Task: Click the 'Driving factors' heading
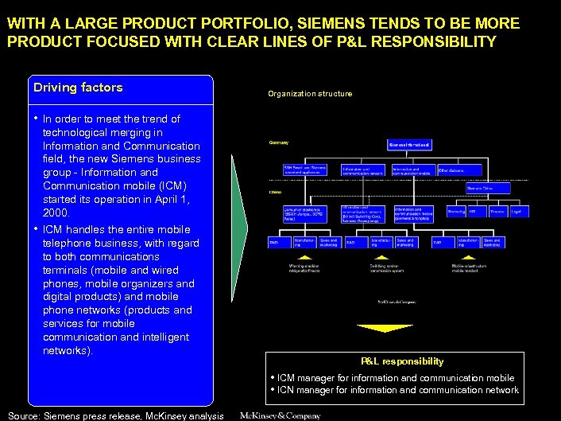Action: (77, 87)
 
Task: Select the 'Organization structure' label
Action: (309, 94)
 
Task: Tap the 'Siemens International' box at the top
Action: (410, 145)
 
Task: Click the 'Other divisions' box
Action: (462, 170)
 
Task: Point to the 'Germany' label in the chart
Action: (278, 142)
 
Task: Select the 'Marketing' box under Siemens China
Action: (456, 212)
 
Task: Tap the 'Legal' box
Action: (515, 212)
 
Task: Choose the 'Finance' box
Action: (497, 212)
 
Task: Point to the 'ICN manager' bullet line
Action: (397, 390)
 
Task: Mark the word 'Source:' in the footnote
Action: (24, 415)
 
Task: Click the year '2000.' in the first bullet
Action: (56, 214)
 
